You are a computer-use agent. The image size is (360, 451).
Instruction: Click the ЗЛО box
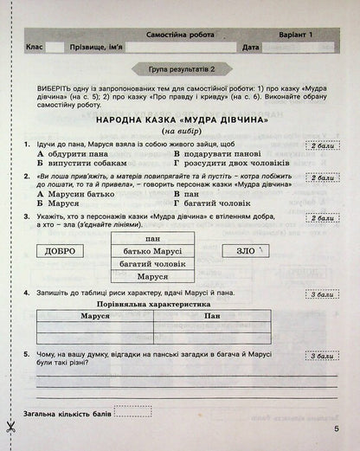click(x=246, y=251)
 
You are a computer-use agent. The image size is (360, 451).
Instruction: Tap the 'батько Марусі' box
click(x=153, y=251)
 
